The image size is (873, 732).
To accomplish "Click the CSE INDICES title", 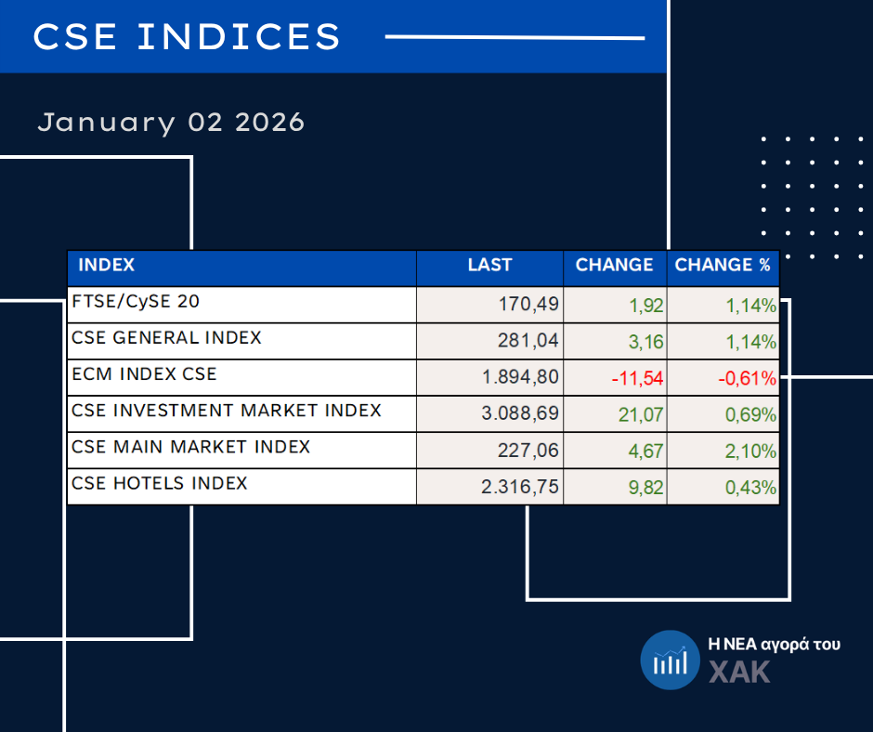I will coord(187,37).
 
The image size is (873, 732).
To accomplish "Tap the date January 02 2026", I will coord(171,122).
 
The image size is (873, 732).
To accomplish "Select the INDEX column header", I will coord(107,266).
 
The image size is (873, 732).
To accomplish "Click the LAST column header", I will coord(489,266).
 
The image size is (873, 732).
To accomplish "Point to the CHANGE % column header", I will coord(723,266).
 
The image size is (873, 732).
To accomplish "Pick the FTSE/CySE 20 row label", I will coord(136,302).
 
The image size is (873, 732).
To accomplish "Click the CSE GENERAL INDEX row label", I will coord(166,338).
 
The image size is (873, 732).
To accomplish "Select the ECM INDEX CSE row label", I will coord(144,374).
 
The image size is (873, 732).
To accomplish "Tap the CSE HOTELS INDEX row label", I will coord(160,483).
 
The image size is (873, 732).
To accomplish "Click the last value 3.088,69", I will coord(520,414).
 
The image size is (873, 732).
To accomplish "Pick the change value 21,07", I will coord(641,414).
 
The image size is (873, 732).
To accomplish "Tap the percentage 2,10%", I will coord(751,451).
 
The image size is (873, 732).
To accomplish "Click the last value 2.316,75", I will coord(520,488).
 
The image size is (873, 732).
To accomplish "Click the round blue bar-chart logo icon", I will coord(669,660).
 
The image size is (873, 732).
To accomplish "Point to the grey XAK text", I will coord(739,672).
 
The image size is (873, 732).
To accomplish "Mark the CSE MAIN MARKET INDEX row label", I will coord(190,447).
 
